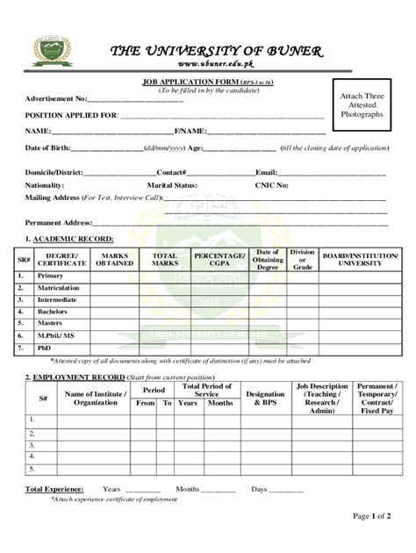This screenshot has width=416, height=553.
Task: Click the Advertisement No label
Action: [x=56, y=98]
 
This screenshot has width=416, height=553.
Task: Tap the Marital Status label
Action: [x=172, y=185]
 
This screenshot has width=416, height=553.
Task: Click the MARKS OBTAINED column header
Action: [x=115, y=259]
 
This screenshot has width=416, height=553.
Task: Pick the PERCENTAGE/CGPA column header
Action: [x=219, y=259]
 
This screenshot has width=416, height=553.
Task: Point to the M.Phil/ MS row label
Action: [x=55, y=335]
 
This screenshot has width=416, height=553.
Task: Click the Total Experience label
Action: [x=54, y=488]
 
